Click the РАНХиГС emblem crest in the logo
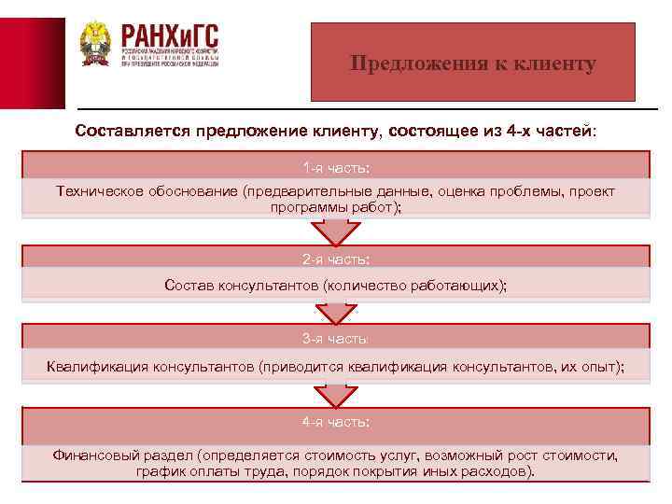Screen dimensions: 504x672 (x=94, y=44)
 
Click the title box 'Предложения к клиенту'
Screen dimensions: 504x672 (x=473, y=63)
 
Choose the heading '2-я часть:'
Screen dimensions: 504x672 (x=336, y=258)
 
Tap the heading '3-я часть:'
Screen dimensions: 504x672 (x=336, y=338)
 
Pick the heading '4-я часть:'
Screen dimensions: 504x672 (x=336, y=422)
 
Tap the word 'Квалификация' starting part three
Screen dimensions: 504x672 (x=95, y=366)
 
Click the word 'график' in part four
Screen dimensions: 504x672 (x=160, y=471)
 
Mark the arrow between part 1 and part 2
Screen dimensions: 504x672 (x=336, y=231)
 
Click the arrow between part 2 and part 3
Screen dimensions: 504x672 (x=336, y=313)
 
